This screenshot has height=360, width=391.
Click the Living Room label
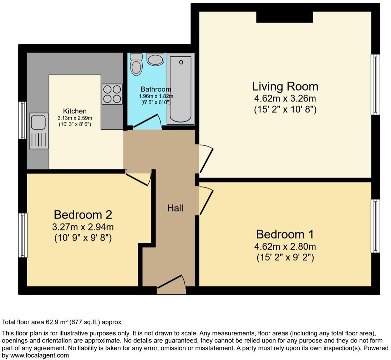tap(285, 86)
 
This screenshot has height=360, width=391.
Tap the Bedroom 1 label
tap(285, 234)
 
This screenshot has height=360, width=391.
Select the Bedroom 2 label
tap(83, 215)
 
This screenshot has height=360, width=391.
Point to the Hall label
tap(175, 208)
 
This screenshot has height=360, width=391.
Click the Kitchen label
tap(75, 111)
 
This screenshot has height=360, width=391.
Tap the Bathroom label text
tap(156, 89)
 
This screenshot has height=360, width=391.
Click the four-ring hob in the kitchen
tap(112, 94)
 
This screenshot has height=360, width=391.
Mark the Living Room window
tap(375, 85)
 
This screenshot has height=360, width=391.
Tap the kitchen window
tap(22, 120)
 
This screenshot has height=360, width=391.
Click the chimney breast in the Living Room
tap(285, 17)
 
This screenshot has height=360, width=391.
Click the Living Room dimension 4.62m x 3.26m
tap(285, 98)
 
